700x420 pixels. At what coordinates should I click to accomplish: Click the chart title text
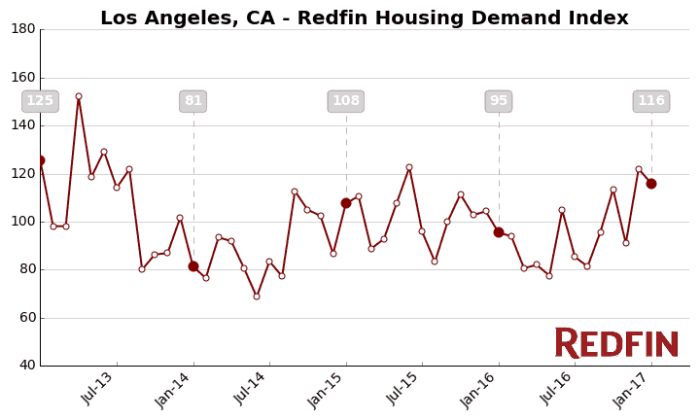coord(364,18)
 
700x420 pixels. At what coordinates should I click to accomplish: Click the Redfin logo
coord(616,343)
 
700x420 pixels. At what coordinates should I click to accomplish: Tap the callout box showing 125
coord(40,101)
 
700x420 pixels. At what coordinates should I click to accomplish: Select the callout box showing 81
coord(193,101)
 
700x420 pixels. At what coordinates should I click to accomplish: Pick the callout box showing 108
coord(346,101)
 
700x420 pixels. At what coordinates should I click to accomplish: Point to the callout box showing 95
coord(499,101)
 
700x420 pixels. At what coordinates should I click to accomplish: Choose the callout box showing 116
coord(651,101)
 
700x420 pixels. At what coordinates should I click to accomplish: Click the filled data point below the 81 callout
coord(193,266)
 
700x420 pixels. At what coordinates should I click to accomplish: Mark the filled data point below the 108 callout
coord(346,203)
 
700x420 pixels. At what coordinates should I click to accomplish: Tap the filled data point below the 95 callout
coord(499,232)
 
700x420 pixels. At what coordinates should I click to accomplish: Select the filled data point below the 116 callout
coord(651,184)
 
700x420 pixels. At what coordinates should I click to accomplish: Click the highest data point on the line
coord(79,96)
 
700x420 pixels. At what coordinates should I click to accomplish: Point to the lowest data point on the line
coord(257,297)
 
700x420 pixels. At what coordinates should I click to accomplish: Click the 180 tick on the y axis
coord(23,29)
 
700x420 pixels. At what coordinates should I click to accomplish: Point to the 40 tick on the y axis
coord(26,366)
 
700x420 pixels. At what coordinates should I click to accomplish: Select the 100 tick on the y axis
coord(23,222)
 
